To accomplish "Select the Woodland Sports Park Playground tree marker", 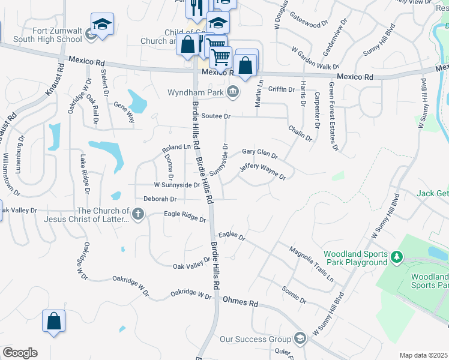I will tap(396, 257).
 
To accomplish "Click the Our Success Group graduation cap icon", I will tap(300, 339).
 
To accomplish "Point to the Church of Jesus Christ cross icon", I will tap(138, 214).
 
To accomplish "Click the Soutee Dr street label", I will tap(216, 116).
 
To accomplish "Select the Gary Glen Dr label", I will tap(259, 154).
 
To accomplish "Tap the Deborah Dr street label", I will tap(160, 199).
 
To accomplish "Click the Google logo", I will tap(20, 353).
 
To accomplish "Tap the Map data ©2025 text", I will tap(423, 355).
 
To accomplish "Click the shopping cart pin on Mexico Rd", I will tap(221, 57).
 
